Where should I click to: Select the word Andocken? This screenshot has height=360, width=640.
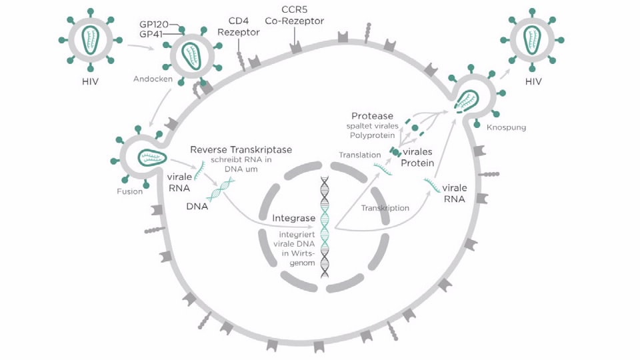pyautogui.click(x=153, y=79)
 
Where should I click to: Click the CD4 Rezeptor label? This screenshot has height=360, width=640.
pyautogui.click(x=239, y=27)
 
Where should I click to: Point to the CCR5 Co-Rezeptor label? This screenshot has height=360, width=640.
pyautogui.click(x=294, y=15)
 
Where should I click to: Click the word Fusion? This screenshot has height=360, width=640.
pyautogui.click(x=129, y=192)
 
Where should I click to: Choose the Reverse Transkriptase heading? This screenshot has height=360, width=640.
pyautogui.click(x=241, y=150)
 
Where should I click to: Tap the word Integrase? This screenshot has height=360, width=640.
pyautogui.click(x=293, y=218)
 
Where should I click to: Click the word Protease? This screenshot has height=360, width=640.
pyautogui.click(x=372, y=116)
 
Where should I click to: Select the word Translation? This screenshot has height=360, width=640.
pyautogui.click(x=359, y=155)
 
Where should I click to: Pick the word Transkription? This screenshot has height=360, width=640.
pyautogui.click(x=385, y=208)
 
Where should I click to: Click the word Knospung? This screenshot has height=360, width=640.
pyautogui.click(x=507, y=127)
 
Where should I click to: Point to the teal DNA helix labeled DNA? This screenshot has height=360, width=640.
pyautogui.click(x=220, y=191)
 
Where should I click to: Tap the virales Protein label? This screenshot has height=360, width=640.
pyautogui.click(x=417, y=157)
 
